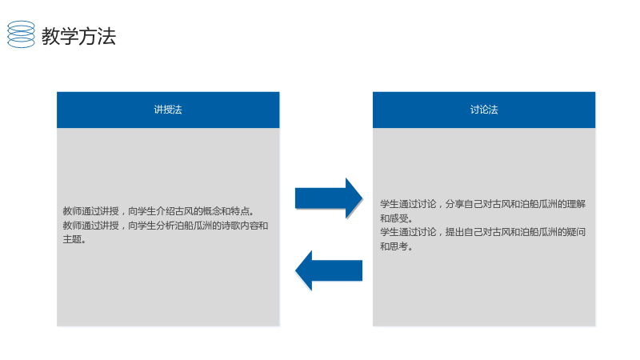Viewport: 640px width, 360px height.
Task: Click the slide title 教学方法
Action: coord(78,36)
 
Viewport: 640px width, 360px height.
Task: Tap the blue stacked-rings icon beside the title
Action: coord(22,34)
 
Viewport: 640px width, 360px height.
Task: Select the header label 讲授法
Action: coord(168,110)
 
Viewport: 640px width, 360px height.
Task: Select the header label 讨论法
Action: coord(484,110)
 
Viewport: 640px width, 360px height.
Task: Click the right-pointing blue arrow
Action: coord(329,198)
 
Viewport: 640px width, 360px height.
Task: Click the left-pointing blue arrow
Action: coord(329,270)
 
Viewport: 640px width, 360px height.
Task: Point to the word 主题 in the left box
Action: coord(72,239)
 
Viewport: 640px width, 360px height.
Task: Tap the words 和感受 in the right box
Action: coord(394,218)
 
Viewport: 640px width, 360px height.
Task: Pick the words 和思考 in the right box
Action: coord(394,246)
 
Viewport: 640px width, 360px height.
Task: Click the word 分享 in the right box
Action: coord(454,204)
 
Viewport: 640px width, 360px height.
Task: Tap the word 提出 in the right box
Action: coord(454,232)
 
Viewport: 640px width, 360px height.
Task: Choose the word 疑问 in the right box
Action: coord(576,232)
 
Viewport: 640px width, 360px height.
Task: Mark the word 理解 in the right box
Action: coord(576,204)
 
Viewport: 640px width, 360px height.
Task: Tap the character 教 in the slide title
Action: coord(50,36)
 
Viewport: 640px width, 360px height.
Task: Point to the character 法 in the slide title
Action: coord(107,36)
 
